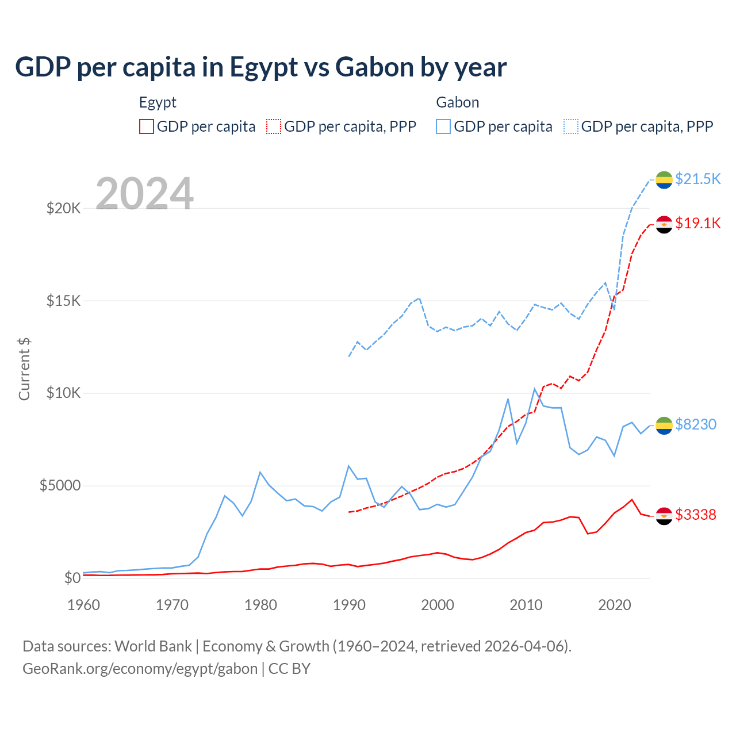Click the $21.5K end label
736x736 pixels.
pyautogui.click(x=697, y=179)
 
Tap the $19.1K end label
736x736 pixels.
pyautogui.click(x=697, y=223)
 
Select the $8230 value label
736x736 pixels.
pyautogui.click(x=695, y=424)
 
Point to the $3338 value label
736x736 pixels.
pyautogui.click(x=695, y=515)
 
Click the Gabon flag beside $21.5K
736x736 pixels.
pyautogui.click(x=664, y=179)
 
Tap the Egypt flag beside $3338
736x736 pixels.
pyautogui.click(x=664, y=516)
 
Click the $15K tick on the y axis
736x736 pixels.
pyautogui.click(x=63, y=301)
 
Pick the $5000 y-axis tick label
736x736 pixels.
pyautogui.click(x=60, y=486)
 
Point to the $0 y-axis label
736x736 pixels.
pyautogui.click(x=72, y=578)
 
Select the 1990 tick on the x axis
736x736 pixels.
pyautogui.click(x=349, y=605)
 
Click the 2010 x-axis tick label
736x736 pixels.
pyautogui.click(x=526, y=605)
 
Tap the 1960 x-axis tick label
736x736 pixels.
pyautogui.click(x=84, y=605)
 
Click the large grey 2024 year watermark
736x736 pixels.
pyautogui.click(x=144, y=194)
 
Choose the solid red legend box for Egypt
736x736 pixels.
pyautogui.click(x=147, y=126)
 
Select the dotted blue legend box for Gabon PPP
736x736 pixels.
pyautogui.click(x=570, y=126)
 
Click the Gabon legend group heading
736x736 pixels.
pyautogui.click(x=457, y=102)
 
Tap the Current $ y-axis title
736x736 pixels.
pyautogui.click(x=24, y=369)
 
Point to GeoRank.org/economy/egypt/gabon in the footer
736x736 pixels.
pyautogui.click(x=140, y=669)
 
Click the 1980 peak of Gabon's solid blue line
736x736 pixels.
pyautogui.click(x=260, y=472)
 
